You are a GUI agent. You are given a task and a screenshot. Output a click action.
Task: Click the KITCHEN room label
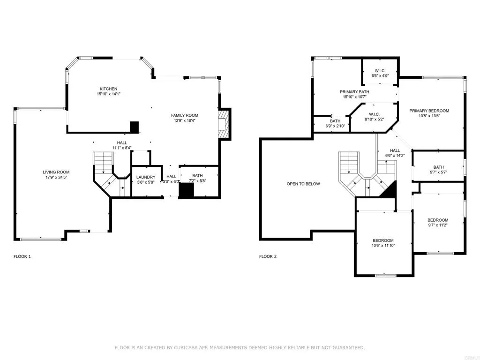[108, 89]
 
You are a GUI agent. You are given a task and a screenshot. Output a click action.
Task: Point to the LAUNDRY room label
[146, 177]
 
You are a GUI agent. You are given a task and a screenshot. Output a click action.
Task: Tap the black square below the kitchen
[135, 127]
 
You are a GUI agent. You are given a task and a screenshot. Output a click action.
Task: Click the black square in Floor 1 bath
[187, 190]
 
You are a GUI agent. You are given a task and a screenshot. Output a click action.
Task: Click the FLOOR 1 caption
[22, 256]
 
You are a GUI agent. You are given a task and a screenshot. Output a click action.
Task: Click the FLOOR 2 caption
[268, 256]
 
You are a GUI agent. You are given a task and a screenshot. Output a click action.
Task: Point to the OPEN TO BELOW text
[303, 184]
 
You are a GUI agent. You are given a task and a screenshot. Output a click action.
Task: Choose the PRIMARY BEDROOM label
[429, 111]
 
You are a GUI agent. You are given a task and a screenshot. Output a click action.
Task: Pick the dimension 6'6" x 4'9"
[380, 75]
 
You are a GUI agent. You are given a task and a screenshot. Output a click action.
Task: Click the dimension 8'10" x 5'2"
[374, 120]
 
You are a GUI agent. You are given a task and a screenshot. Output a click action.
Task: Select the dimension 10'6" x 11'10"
[383, 245]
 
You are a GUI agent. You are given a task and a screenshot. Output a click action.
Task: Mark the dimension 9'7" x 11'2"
[437, 225]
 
